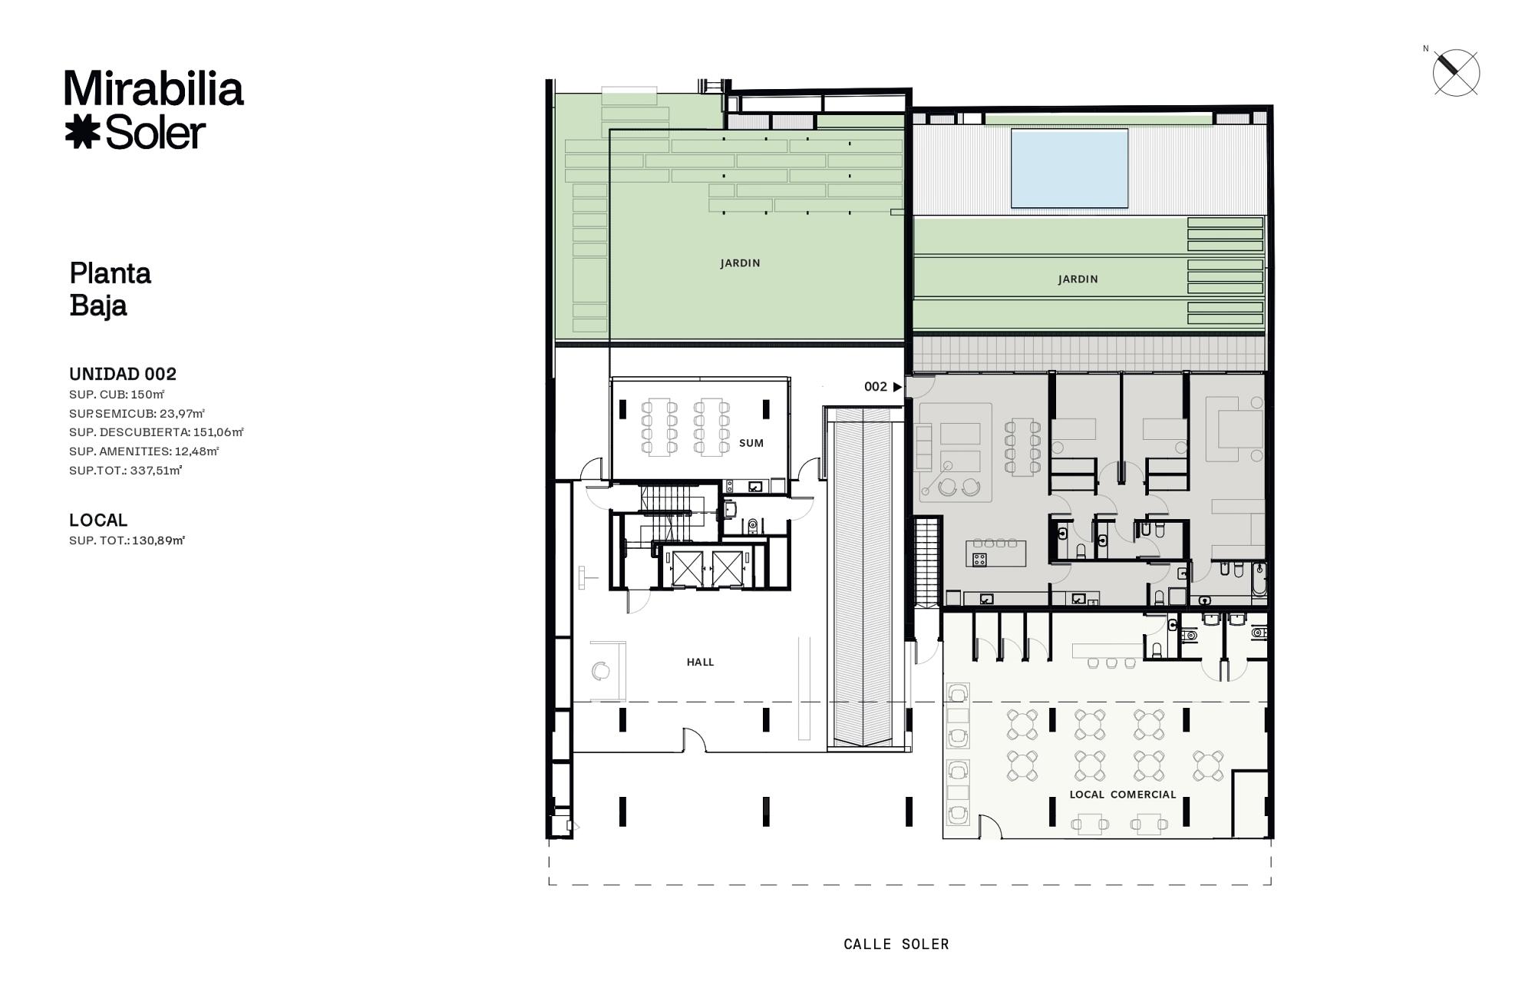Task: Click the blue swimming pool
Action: [1069, 168]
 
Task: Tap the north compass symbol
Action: [1455, 73]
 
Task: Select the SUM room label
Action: [751, 443]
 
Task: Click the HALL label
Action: [700, 662]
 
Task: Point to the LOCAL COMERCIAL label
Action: [1123, 795]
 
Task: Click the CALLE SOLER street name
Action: [896, 944]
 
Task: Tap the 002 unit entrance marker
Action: [883, 387]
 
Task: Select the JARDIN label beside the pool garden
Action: [1078, 279]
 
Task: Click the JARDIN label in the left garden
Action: [740, 263]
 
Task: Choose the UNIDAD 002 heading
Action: [123, 374]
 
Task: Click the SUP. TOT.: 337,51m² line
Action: [126, 470]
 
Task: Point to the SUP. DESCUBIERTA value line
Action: [157, 432]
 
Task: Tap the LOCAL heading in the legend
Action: [98, 520]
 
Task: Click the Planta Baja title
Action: [111, 289]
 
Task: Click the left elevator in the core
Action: [687, 568]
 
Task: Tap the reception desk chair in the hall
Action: [601, 671]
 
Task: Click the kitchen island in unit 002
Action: [995, 553]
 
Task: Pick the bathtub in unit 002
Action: [1259, 580]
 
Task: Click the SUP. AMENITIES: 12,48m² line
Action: [144, 451]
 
